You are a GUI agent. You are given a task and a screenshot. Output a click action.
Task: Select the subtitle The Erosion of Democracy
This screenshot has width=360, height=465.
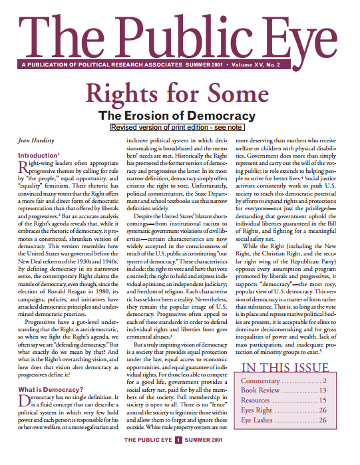[x=180, y=114]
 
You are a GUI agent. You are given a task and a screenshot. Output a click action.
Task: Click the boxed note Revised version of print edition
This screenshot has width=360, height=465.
[x=180, y=126]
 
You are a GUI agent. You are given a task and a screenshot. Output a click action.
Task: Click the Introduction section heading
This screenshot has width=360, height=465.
[x=37, y=154]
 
